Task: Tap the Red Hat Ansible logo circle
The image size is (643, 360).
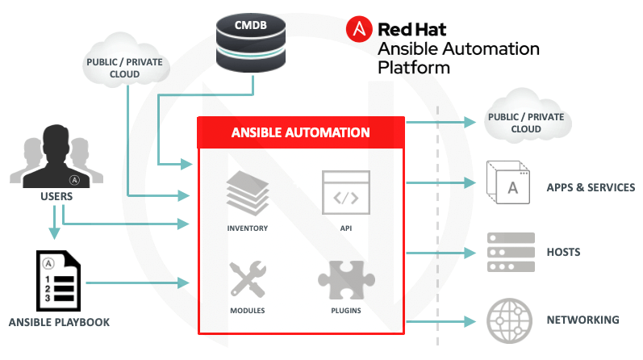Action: (x=359, y=30)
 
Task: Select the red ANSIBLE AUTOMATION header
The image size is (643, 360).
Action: (x=301, y=132)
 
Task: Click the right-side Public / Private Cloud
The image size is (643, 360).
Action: (x=526, y=122)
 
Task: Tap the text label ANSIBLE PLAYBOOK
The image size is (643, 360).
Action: (x=59, y=323)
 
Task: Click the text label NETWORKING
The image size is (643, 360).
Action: (x=583, y=320)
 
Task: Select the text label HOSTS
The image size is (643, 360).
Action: (x=563, y=253)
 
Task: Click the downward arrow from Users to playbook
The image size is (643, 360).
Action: (x=54, y=222)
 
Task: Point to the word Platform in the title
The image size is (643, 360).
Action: (x=414, y=68)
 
